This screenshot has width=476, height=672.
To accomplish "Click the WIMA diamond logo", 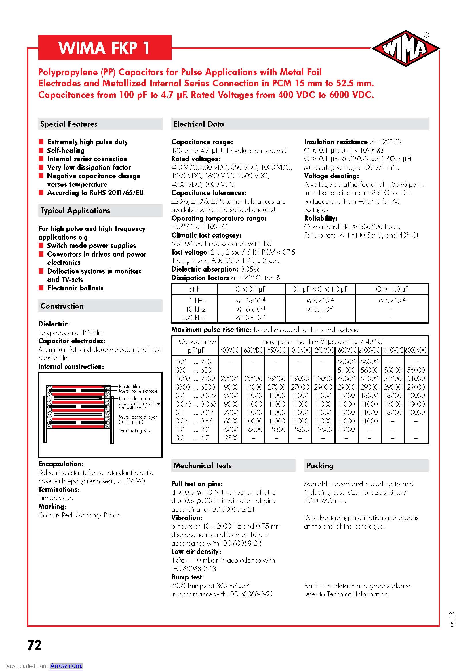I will click(405, 48).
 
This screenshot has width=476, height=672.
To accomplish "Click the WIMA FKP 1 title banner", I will click(105, 48).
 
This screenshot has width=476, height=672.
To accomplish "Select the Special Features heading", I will click(69, 124).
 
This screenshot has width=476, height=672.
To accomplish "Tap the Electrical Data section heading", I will click(199, 124).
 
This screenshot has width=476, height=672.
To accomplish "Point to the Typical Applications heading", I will click(75, 210).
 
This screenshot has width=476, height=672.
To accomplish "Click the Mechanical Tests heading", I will click(203, 465).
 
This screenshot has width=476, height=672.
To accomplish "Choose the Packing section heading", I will click(320, 465).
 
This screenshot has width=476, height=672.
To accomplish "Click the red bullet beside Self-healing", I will click(41, 151).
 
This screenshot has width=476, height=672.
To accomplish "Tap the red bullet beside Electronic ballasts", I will click(41, 288).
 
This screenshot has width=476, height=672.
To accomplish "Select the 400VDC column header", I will click(230, 350).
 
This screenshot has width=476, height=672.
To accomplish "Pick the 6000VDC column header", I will click(416, 350).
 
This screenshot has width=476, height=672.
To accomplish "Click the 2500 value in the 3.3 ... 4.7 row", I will click(231, 438).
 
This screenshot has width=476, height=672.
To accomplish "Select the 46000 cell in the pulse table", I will click(346, 378).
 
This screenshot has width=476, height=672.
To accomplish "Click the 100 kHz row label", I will click(194, 317).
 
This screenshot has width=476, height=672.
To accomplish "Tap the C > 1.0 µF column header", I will click(392, 289).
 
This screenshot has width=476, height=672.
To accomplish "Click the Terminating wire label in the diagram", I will click(135, 431).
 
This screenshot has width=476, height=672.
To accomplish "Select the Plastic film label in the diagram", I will click(129, 386).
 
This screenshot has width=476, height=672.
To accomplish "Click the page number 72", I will click(34, 645).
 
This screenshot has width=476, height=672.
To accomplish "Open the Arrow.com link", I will click(66, 666).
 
